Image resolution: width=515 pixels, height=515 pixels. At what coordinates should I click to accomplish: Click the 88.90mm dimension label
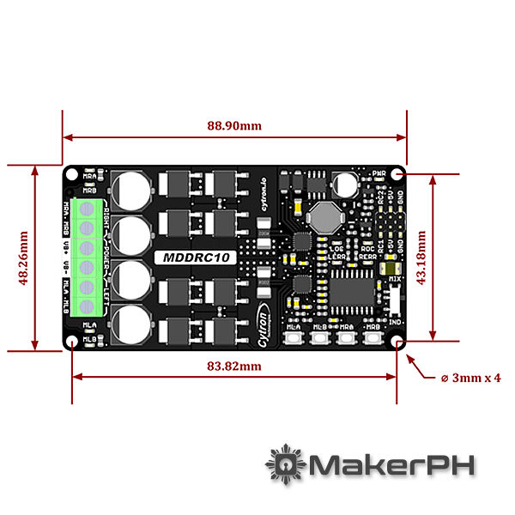coord(234,125)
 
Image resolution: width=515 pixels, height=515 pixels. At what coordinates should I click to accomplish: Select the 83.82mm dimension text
coord(234,366)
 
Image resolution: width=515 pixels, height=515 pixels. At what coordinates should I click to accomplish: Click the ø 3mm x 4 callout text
coord(470,377)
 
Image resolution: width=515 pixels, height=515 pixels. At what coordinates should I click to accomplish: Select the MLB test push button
coord(320,338)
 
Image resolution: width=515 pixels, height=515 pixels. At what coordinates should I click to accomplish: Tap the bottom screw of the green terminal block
coord(86,306)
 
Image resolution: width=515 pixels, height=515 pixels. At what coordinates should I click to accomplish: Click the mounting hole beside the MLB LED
coord(72,341)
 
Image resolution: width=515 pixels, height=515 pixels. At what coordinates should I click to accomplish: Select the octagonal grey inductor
coord(324,218)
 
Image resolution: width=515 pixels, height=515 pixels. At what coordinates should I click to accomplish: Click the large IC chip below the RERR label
coord(352,292)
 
